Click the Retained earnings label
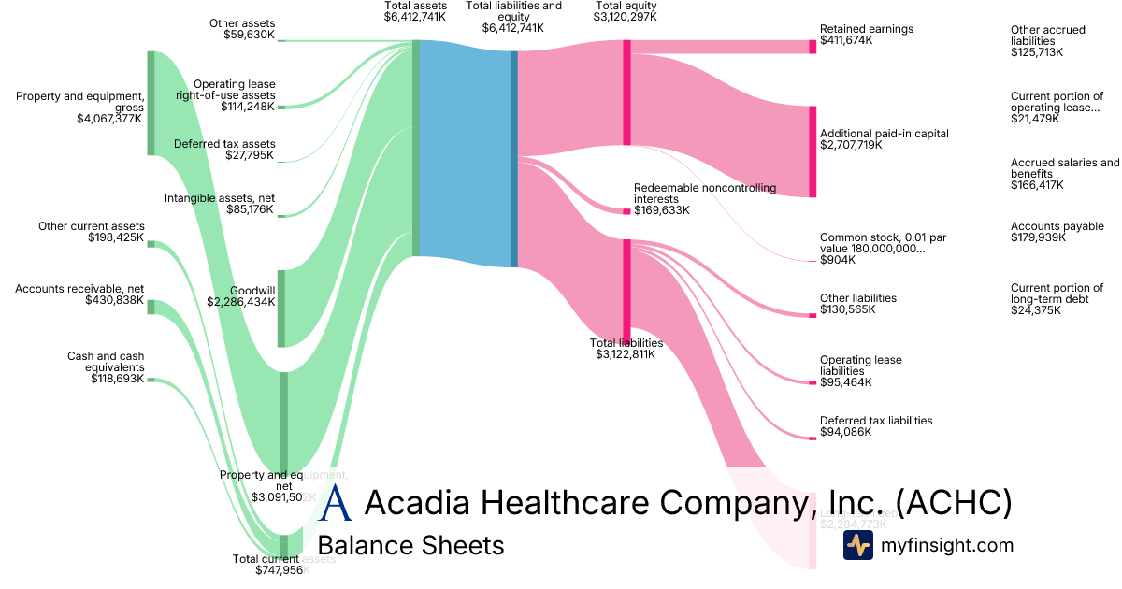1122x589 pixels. [x=866, y=29]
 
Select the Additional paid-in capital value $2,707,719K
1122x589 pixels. [x=850, y=145]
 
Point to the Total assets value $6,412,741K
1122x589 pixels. [x=415, y=17]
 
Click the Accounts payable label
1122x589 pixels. [x=1057, y=226]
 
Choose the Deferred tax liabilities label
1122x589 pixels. [x=875, y=421]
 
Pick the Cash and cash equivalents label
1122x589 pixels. [x=106, y=356]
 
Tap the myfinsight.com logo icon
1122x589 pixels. [x=857, y=545]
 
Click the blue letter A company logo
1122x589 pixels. [x=336, y=503]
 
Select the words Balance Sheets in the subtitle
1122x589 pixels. [x=410, y=545]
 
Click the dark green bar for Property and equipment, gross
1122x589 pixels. [x=151, y=103]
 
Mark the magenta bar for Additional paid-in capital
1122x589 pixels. [x=813, y=151]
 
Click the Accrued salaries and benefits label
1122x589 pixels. [x=1064, y=168]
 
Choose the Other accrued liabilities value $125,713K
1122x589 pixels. [x=1036, y=52]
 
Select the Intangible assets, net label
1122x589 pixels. [x=220, y=198]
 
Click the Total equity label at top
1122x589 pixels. [x=626, y=6]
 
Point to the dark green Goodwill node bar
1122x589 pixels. [x=281, y=309]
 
